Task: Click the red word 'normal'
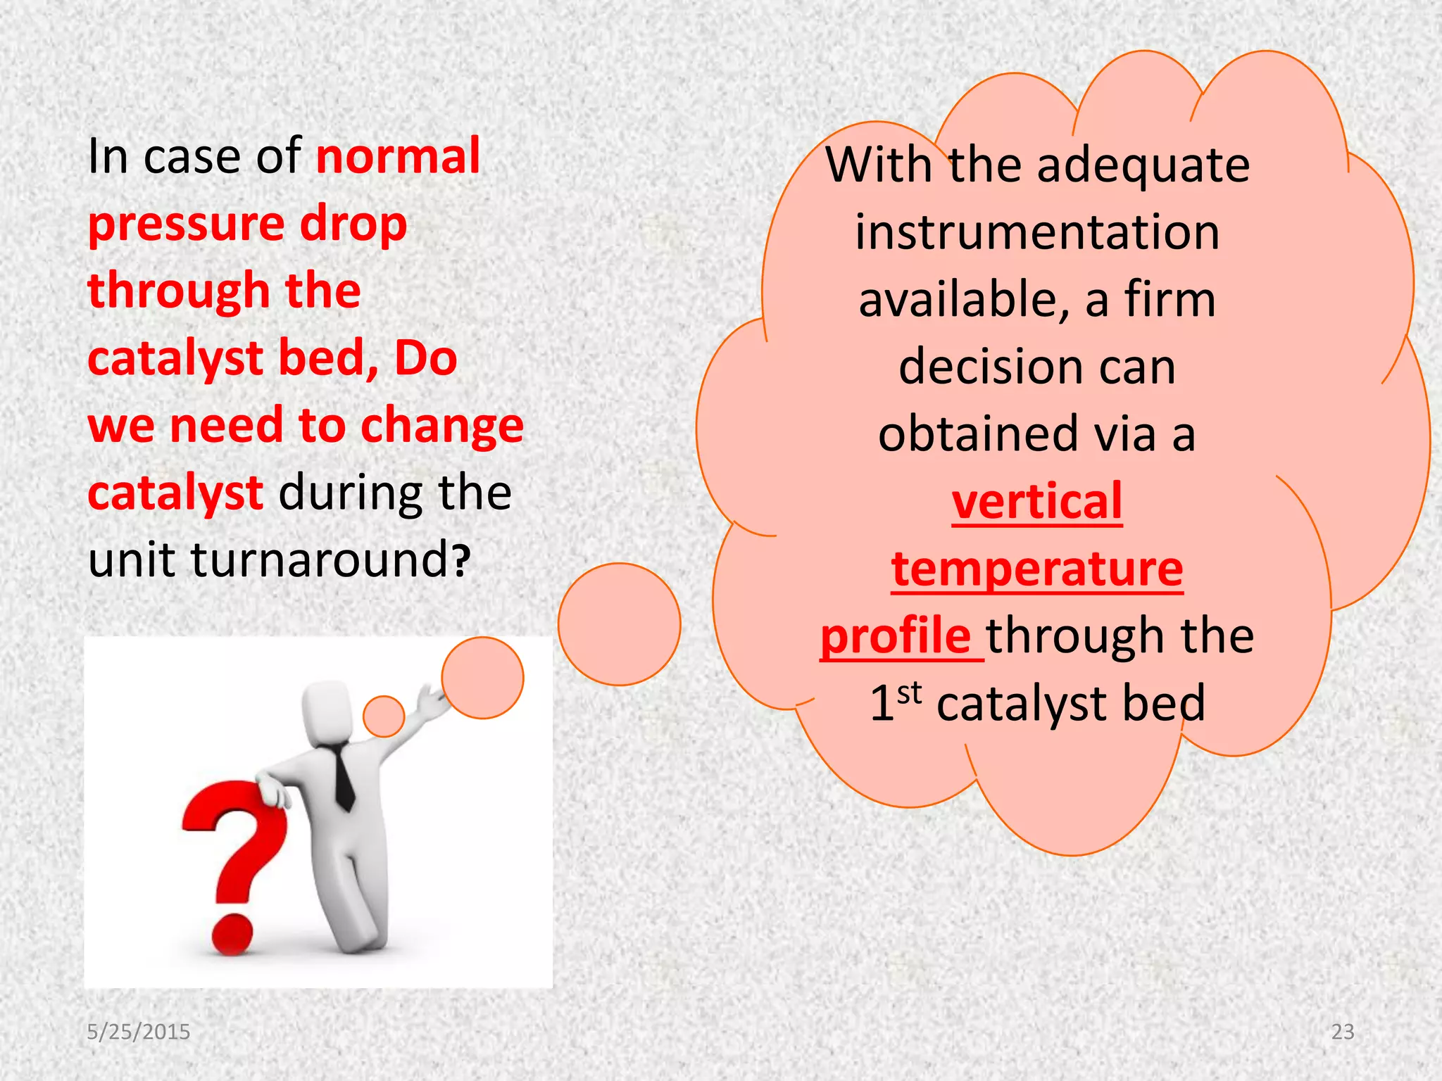coord(398,156)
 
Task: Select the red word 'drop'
coord(353,224)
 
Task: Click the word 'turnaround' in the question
coord(318,560)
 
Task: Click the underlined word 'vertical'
coord(1036,501)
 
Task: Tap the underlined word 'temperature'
coord(1036,569)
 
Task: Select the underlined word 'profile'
coord(896,636)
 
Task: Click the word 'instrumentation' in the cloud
coord(1036,232)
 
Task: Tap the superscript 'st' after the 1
coord(909,693)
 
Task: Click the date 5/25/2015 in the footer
coord(138,1032)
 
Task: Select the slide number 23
coord(1343,1032)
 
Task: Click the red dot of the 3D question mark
coord(232,935)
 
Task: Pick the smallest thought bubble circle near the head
coord(384,716)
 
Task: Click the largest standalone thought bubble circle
coord(619,624)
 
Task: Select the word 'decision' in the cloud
coord(974,367)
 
